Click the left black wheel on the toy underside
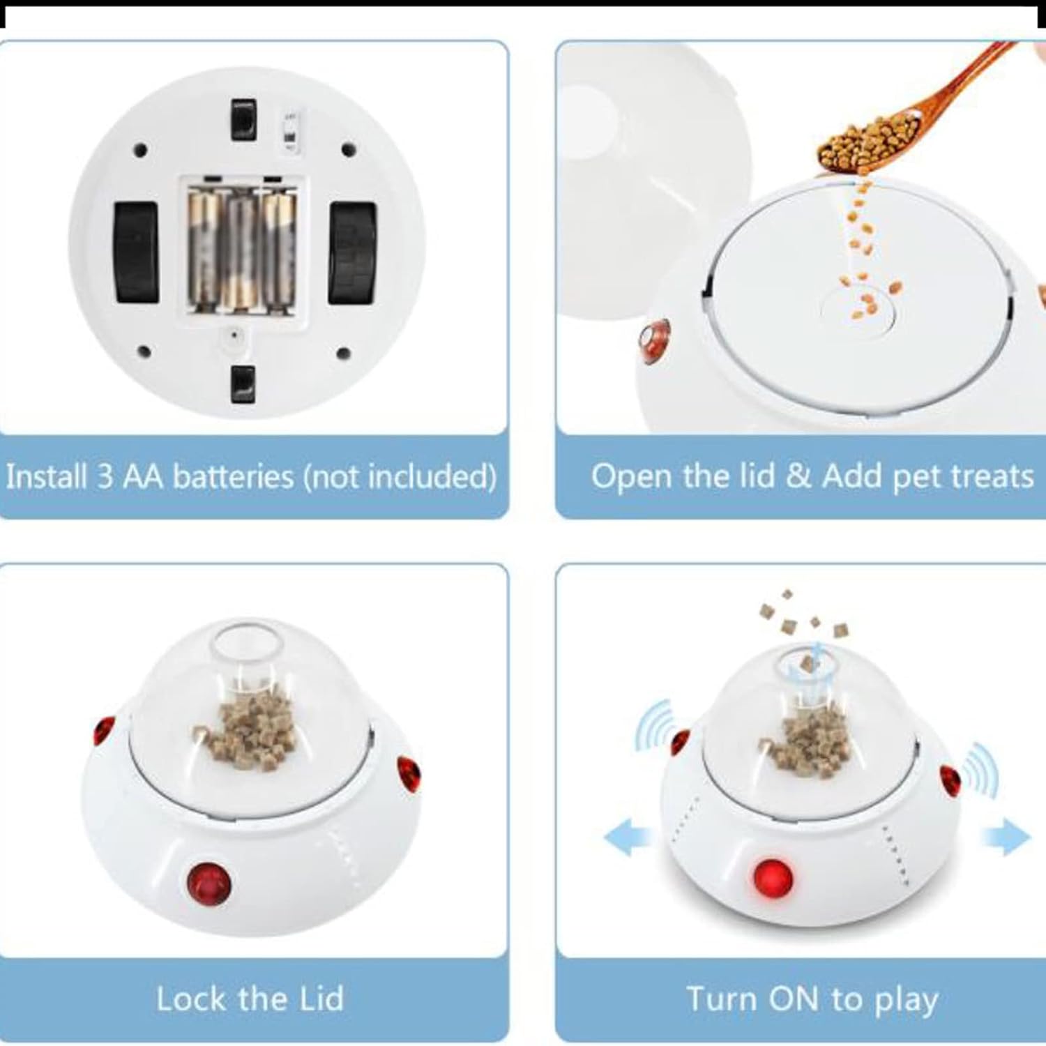(136, 252)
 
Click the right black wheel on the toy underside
(353, 252)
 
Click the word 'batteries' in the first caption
(234, 476)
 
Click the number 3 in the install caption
(105, 477)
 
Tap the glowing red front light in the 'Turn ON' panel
(773, 877)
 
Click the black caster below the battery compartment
(243, 384)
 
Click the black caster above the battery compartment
(243, 120)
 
